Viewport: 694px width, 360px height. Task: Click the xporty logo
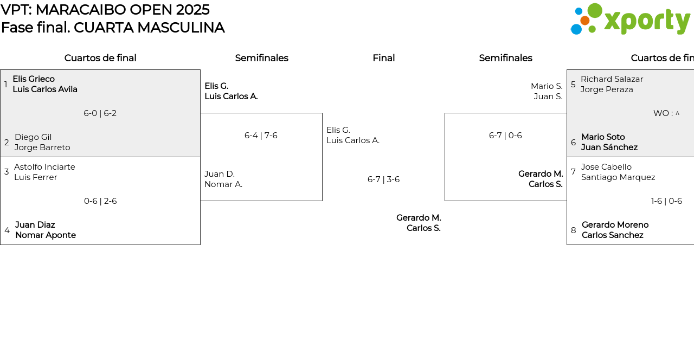click(x=631, y=19)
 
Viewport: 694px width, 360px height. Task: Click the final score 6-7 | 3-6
click(x=383, y=179)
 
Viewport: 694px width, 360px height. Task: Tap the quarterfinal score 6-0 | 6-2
click(x=100, y=113)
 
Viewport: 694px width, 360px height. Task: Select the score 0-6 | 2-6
click(x=100, y=201)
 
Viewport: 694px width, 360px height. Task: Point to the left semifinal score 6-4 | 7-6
click(x=261, y=136)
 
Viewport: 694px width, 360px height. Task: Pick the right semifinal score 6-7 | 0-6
click(x=505, y=136)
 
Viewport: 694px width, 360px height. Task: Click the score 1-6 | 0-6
click(x=666, y=201)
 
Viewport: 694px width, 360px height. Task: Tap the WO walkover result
click(x=666, y=113)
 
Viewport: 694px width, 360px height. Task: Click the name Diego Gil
click(x=33, y=137)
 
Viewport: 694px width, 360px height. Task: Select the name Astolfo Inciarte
click(x=44, y=167)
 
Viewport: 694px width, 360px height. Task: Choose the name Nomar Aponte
click(x=46, y=235)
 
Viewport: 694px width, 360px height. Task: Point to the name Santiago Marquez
click(x=618, y=177)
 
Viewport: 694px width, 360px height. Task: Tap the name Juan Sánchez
click(x=609, y=147)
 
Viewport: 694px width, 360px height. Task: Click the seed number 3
click(x=7, y=172)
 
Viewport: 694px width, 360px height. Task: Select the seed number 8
click(x=573, y=230)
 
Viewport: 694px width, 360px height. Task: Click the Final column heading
click(x=383, y=58)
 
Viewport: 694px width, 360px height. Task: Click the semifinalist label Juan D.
click(x=220, y=174)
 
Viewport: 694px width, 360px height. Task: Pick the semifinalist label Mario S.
click(x=547, y=86)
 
